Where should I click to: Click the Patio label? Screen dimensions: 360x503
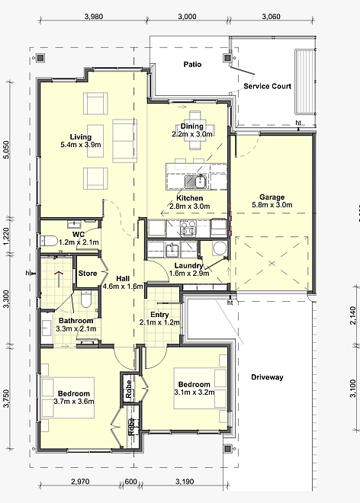[192, 65]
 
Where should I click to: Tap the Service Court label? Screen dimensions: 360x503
[267, 86]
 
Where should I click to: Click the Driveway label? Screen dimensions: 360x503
[267, 377]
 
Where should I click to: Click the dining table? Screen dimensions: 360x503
[195, 130]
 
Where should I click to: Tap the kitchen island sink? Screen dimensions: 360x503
[195, 182]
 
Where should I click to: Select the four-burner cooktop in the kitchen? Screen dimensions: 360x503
[188, 228]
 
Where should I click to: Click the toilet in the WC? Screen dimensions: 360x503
[49, 241]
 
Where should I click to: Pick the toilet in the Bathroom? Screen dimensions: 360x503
[85, 299]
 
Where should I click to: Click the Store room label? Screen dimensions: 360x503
[88, 274]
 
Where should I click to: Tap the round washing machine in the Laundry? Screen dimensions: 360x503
[220, 248]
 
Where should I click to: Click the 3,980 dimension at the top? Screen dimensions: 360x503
[94, 16]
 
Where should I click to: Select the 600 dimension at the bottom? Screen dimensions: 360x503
[130, 482]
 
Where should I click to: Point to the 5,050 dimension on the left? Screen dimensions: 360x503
[7, 149]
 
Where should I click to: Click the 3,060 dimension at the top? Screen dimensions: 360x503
[271, 16]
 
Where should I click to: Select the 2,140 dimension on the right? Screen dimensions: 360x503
[353, 316]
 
